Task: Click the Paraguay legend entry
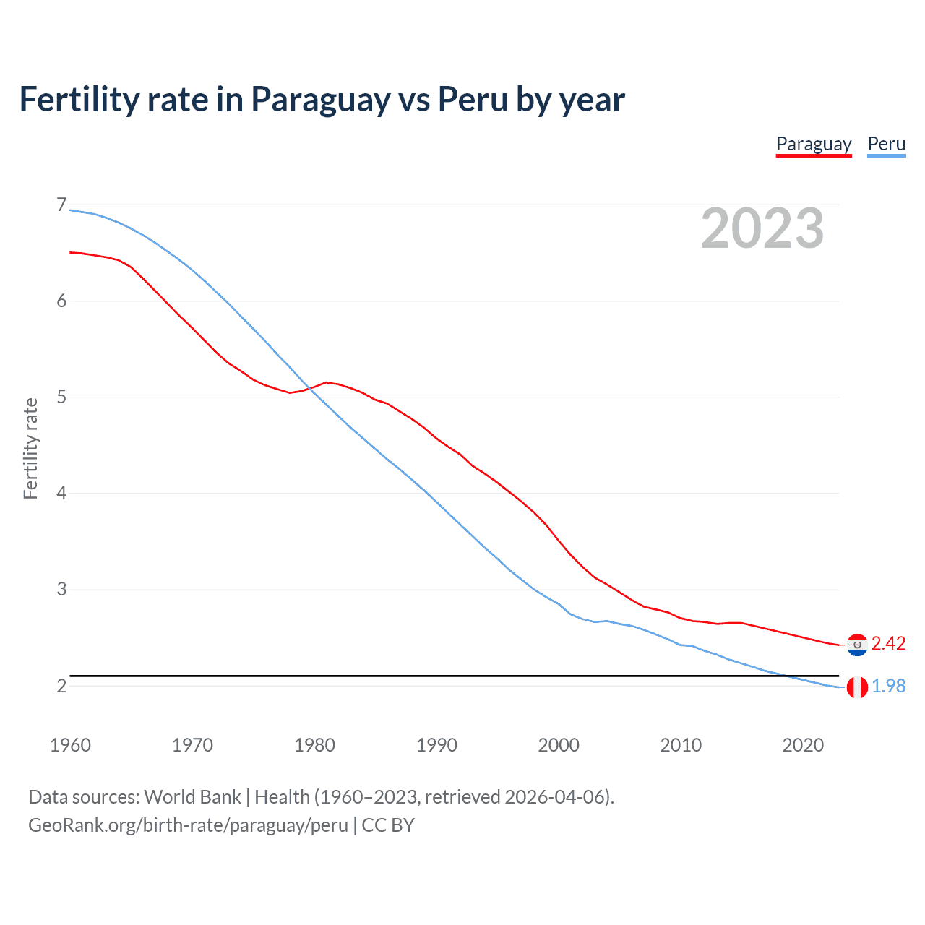814,144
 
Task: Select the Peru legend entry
886,144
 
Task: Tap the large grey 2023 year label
762,228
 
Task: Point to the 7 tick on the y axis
61,205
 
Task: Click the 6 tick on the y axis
61,301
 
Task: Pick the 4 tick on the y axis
61,494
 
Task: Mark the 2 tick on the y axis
61,686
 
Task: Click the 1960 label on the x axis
70,745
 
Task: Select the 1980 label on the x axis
314,745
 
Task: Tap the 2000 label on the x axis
559,745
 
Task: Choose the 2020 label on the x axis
803,745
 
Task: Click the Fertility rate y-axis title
30,448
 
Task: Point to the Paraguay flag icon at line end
857,645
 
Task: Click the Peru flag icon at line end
857,687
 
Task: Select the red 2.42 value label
888,643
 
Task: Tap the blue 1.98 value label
888,686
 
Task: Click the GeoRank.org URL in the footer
188,825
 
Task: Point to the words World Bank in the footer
192,797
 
